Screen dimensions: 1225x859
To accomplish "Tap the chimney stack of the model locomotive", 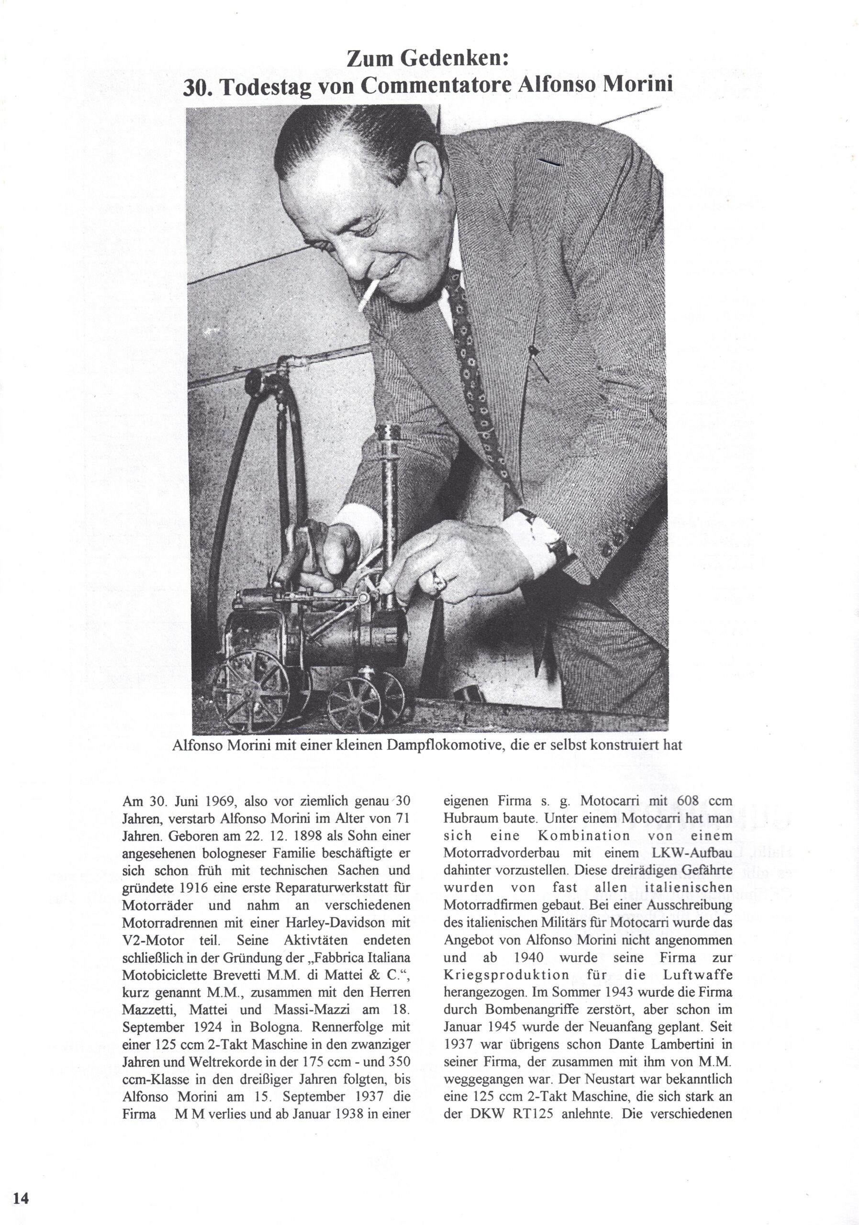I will pos(391,469).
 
